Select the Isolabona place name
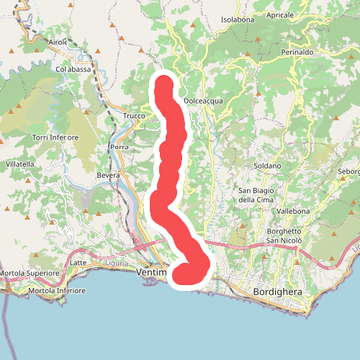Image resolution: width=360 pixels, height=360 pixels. coord(238,19)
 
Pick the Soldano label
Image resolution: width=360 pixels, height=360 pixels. coord(267,166)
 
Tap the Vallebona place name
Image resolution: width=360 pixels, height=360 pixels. coord(293,211)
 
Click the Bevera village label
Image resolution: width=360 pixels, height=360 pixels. coord(107,175)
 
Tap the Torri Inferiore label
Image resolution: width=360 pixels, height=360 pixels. coord(55,137)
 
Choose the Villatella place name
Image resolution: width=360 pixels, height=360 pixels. coord(20,164)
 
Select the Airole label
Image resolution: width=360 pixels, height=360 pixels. coord(58,42)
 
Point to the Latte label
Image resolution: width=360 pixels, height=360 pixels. coord(79,262)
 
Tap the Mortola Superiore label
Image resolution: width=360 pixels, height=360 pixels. coord(29,274)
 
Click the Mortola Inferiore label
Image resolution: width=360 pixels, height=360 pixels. coord(56,291)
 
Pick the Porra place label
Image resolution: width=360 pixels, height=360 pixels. coord(118,147)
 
